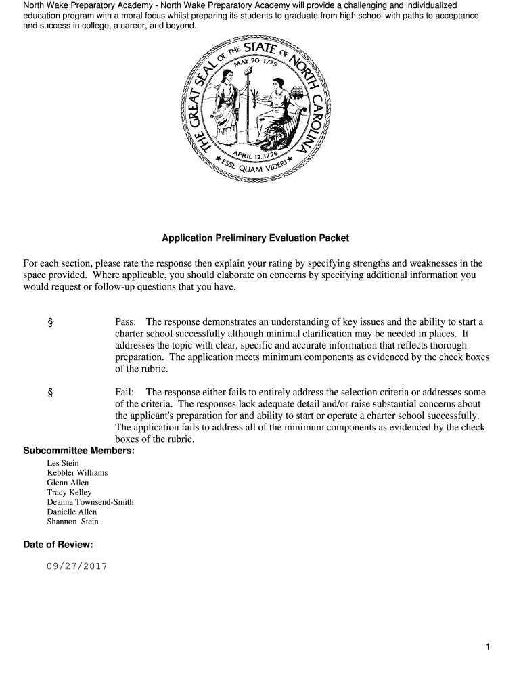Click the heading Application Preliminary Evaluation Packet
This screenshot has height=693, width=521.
(255, 238)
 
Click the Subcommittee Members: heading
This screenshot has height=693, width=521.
(78, 451)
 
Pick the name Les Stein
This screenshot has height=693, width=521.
(63, 463)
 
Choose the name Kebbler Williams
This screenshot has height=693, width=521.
(77, 473)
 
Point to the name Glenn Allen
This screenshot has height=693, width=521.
(68, 483)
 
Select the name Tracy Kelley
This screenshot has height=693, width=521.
(69, 493)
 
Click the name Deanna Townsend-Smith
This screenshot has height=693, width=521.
(90, 502)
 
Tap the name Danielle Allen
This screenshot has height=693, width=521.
(72, 512)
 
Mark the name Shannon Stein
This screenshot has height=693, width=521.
(72, 522)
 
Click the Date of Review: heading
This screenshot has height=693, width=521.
(58, 545)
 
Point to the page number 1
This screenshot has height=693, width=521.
(487, 648)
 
